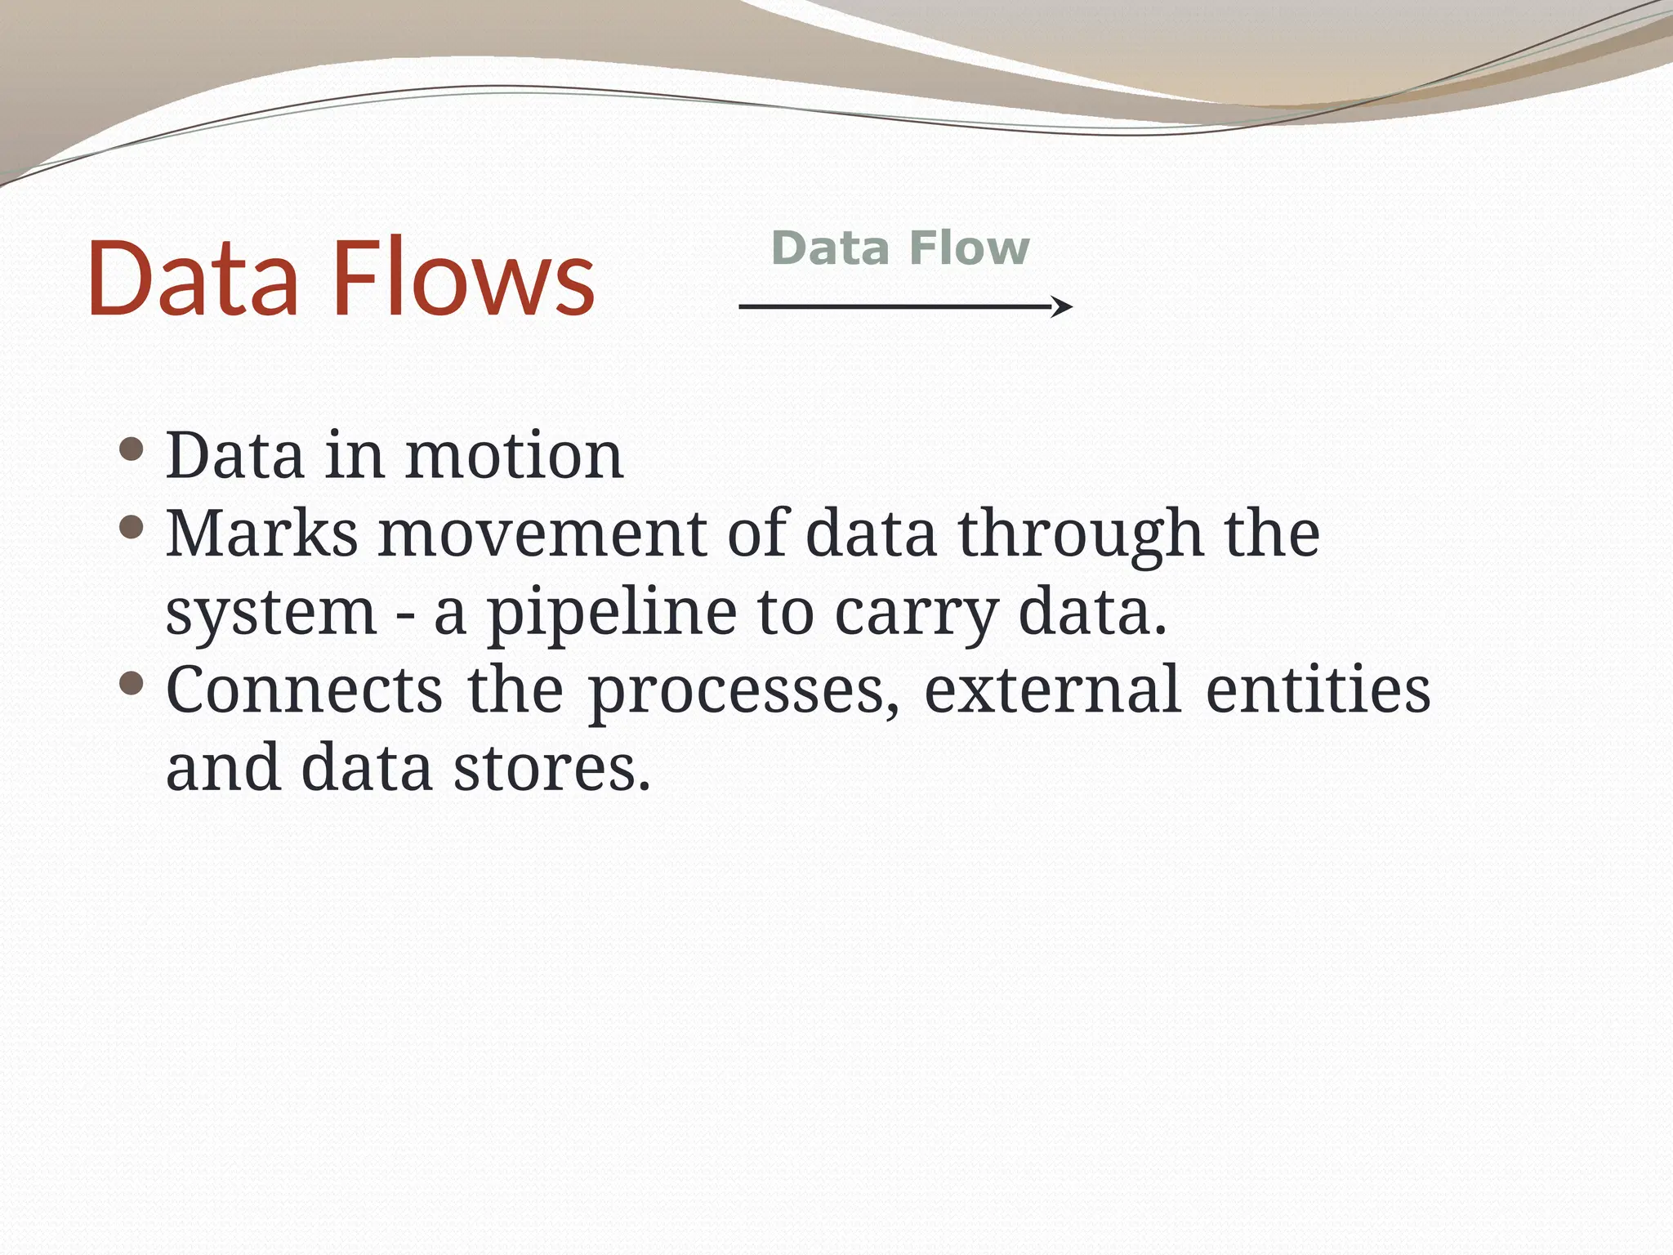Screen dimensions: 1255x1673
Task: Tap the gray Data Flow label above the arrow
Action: [x=900, y=248]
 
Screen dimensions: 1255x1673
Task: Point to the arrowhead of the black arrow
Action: [x=1063, y=307]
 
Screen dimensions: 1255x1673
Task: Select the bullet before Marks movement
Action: [x=132, y=527]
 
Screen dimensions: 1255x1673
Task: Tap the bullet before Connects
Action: [x=132, y=683]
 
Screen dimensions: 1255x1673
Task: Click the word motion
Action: [x=515, y=455]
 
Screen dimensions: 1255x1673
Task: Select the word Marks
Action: [x=261, y=534]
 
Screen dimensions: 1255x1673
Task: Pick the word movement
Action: [x=542, y=534]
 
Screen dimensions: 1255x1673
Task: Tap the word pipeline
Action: [x=611, y=613]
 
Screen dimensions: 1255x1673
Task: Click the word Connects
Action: [x=305, y=690]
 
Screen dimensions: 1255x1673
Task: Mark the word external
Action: [x=1052, y=690]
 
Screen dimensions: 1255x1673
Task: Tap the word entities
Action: [x=1318, y=690]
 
